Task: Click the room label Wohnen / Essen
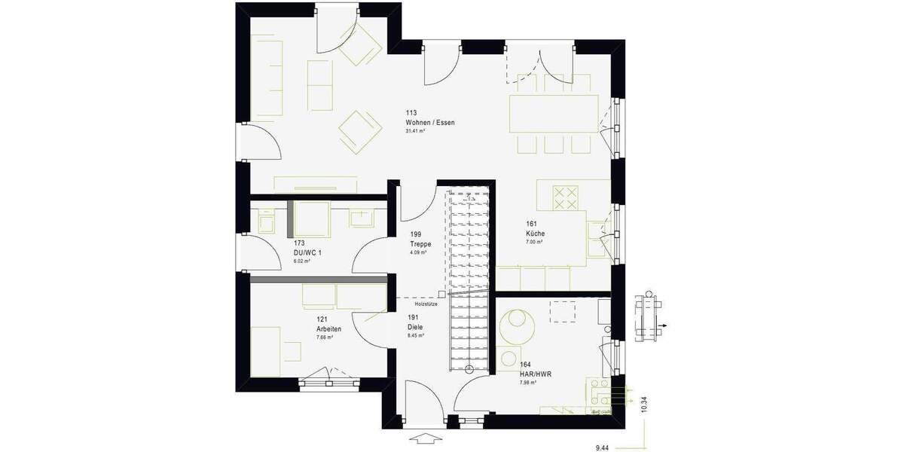point(429,122)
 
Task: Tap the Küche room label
point(535,234)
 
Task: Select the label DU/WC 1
point(306,253)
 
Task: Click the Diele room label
point(414,327)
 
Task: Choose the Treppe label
point(420,243)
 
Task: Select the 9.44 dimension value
point(602,447)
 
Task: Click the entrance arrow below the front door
point(427,438)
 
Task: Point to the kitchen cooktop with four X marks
point(566,197)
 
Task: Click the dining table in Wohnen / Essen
point(554,114)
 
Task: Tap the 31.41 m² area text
point(415,131)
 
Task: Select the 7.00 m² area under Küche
point(535,243)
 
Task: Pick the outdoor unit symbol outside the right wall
point(646,316)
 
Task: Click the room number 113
point(411,113)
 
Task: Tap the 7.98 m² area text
point(527,383)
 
